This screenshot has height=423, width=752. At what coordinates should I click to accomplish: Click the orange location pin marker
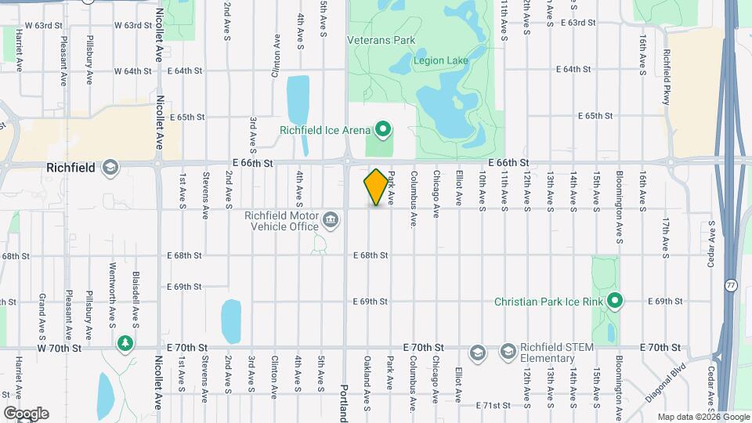coord(376,187)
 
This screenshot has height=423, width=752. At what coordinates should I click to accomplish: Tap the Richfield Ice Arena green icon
coord(383,128)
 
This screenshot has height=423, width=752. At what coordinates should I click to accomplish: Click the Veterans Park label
coord(381,40)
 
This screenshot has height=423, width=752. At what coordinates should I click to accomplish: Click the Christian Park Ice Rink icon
coord(615,300)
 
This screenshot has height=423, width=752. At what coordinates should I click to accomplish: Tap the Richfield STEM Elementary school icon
coord(508,350)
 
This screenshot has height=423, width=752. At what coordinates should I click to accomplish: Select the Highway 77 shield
coord(730,284)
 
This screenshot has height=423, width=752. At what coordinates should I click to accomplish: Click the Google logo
coord(26,413)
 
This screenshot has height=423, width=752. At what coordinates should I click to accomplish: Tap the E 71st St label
coord(493,405)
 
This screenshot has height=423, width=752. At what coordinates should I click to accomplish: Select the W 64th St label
coord(132,70)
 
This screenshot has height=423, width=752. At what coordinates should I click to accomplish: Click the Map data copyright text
coord(702,417)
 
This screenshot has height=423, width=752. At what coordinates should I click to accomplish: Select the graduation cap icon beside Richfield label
coord(110,167)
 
